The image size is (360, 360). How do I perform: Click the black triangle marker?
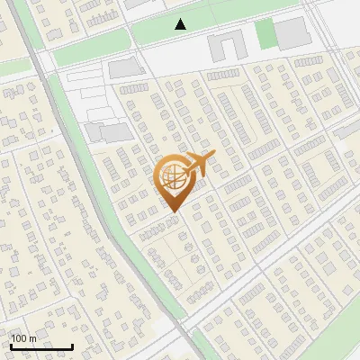pyautogui.click(x=181, y=24)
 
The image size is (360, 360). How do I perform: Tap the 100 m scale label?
pyautogui.click(x=23, y=338)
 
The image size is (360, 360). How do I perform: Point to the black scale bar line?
pyautogui.click(x=41, y=346)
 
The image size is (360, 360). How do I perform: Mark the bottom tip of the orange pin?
pyautogui.click(x=172, y=212)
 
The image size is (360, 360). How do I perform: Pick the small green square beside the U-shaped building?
pyautogui.click(x=265, y=34)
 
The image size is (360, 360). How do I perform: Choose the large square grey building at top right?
pyautogui.click(x=291, y=33)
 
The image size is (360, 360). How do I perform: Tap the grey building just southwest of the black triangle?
pyautogui.click(x=126, y=68)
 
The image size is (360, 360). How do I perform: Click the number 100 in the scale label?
pyautogui.click(x=19, y=338)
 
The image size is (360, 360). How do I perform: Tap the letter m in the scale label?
pyautogui.click(x=32, y=339)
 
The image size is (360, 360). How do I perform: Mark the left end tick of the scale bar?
pyautogui.click(x=11, y=345)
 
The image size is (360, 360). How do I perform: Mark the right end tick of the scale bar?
pyautogui.click(x=72, y=345)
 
